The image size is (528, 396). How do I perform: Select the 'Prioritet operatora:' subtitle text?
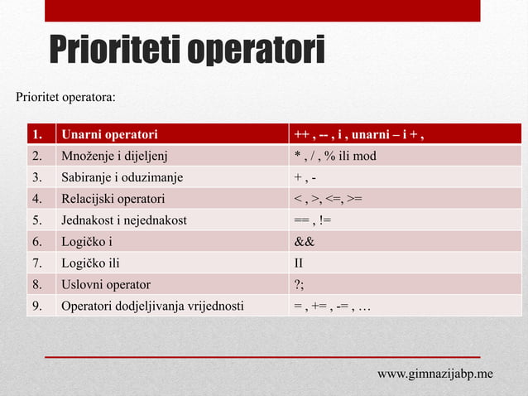(66, 98)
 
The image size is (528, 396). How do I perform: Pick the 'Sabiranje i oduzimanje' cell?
(122, 177)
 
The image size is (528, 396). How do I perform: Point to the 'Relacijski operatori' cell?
(113, 199)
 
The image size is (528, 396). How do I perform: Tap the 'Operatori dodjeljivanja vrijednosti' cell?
(152, 307)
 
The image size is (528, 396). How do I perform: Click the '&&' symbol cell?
(305, 242)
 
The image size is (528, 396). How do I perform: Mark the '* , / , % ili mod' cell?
(335, 156)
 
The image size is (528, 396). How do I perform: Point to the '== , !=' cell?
(313, 220)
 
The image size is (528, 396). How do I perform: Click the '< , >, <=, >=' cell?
(327, 199)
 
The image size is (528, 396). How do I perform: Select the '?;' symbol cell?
(300, 285)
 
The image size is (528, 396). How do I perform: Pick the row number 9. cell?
(37, 307)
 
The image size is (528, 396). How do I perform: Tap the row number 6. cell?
(37, 242)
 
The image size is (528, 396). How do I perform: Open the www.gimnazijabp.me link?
(435, 374)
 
